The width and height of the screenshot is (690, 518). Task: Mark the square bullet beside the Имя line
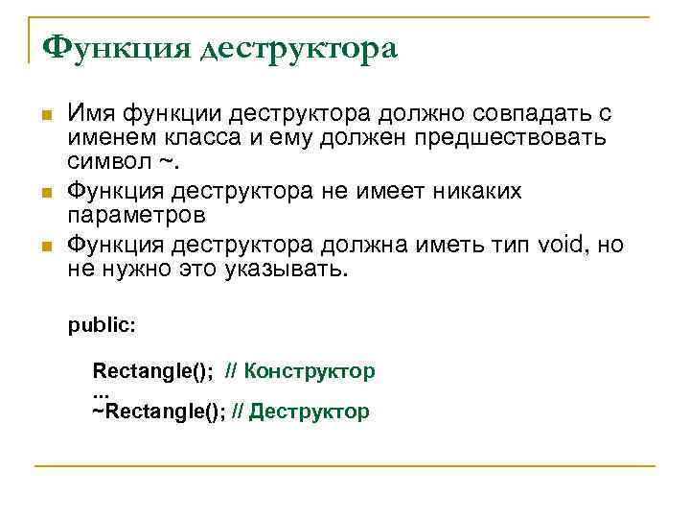[47, 116]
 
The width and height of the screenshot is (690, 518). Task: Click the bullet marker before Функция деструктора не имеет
[47, 193]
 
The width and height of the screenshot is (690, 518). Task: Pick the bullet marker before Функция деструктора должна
[47, 247]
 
